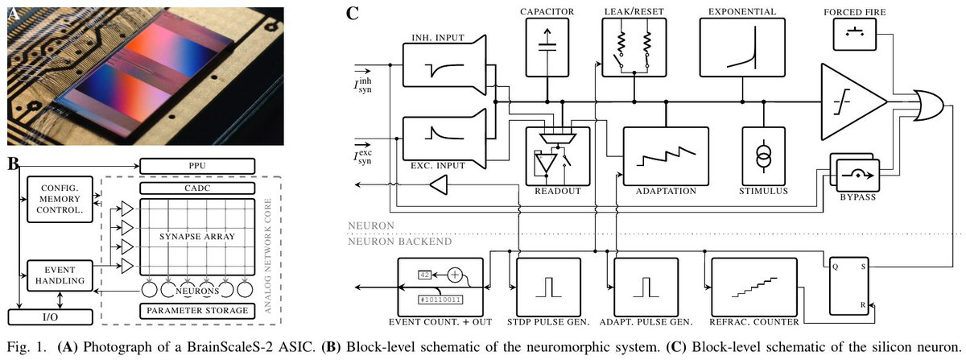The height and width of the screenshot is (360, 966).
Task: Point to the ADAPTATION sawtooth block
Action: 665,158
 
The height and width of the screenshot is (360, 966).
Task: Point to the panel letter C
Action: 353,14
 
